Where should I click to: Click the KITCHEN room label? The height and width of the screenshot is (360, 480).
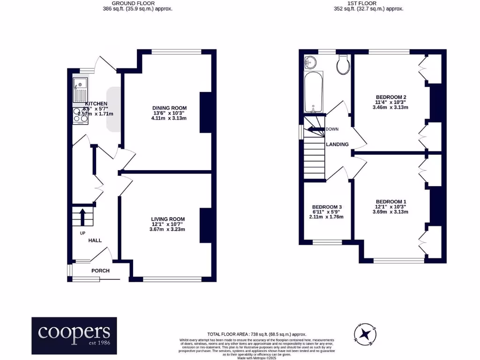pos(96,104)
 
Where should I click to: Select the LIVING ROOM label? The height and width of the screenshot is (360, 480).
pos(168,219)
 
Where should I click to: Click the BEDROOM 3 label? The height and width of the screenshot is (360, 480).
pos(328,207)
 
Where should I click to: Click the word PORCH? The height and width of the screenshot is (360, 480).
pos(100,271)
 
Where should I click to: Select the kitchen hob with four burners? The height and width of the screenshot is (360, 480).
pos(80,115)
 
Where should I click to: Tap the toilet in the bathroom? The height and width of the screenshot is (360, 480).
pos(344,65)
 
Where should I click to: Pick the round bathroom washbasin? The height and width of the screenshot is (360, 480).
pos(310,61)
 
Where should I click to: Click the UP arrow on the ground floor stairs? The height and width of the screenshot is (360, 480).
pos(82,216)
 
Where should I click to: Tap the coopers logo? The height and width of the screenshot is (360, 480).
pos(74,336)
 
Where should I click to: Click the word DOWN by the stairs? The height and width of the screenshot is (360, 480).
pos(332,129)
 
